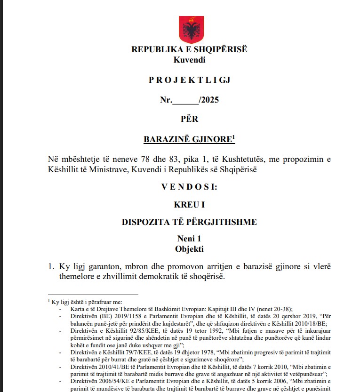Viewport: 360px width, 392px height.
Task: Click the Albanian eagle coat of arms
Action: tap(191, 29)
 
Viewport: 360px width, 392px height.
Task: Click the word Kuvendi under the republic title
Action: tap(189, 60)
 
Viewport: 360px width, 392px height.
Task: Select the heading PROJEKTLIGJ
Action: tap(189, 80)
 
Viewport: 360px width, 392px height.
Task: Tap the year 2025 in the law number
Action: tap(210, 100)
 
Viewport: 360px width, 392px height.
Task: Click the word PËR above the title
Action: tap(189, 119)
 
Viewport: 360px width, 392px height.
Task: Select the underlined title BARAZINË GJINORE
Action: tap(187, 139)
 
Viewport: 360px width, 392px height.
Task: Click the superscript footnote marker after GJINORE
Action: tap(233, 136)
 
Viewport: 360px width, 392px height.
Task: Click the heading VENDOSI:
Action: tap(189, 187)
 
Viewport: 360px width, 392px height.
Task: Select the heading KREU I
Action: tap(189, 205)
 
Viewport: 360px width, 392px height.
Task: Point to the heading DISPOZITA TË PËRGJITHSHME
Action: tap(189, 223)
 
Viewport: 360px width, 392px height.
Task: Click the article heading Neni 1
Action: tap(189, 239)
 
